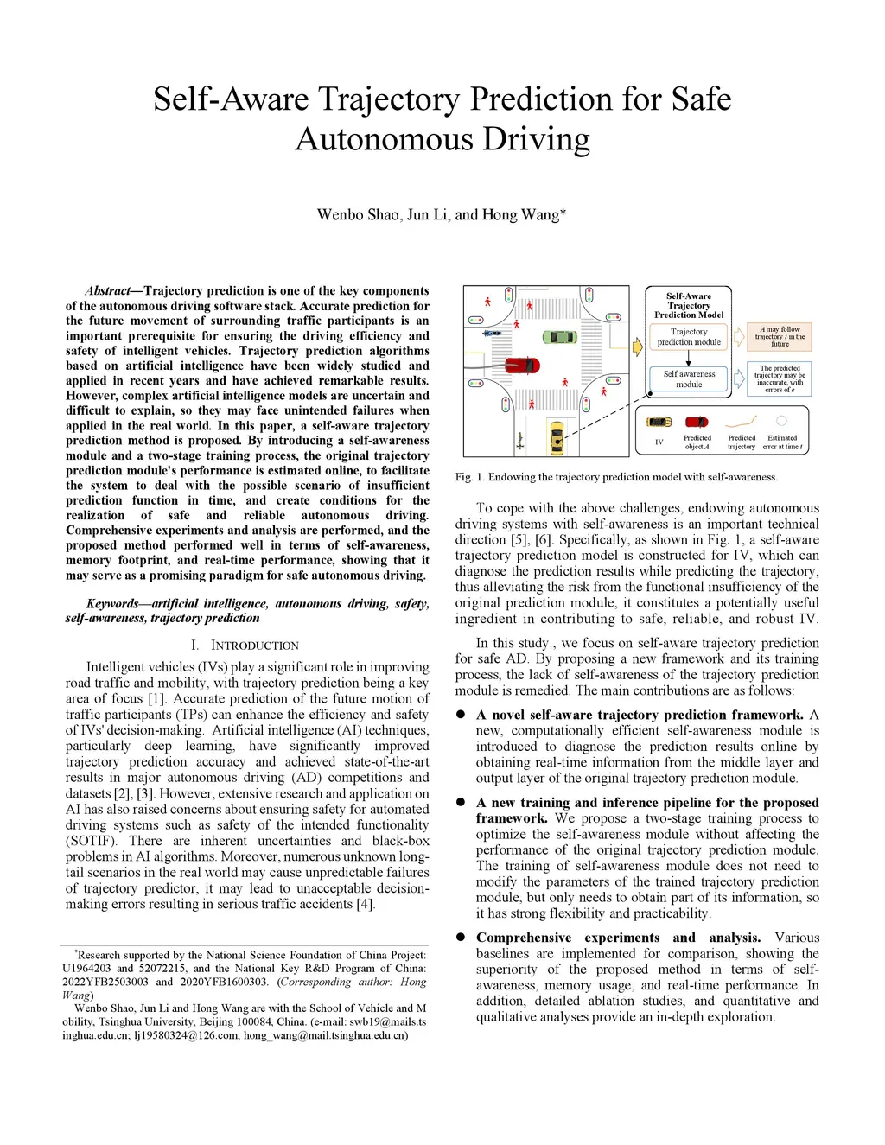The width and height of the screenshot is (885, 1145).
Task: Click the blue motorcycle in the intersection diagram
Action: (x=493, y=333)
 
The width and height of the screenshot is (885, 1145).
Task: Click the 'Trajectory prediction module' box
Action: (x=689, y=337)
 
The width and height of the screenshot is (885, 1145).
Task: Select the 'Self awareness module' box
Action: (x=689, y=378)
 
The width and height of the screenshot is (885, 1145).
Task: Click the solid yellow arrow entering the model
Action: (x=638, y=347)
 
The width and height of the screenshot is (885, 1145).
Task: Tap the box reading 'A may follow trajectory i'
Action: (x=780, y=336)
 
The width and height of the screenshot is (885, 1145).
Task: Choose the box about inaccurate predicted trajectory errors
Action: (x=780, y=378)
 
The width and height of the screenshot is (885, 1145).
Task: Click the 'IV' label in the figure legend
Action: (x=659, y=442)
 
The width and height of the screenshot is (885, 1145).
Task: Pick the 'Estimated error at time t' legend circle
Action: (x=781, y=421)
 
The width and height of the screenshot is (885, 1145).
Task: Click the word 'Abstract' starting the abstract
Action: (x=107, y=291)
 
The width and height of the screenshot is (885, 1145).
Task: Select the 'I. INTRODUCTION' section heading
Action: (x=245, y=646)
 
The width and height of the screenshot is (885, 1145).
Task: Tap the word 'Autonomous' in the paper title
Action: (x=384, y=139)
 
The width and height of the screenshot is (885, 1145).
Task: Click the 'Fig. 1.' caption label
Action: (x=469, y=477)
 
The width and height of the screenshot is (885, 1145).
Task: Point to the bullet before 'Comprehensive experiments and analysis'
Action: (x=461, y=938)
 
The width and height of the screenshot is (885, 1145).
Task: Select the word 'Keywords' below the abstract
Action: (x=112, y=603)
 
